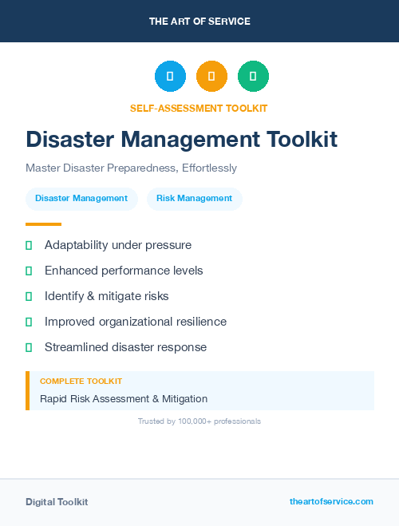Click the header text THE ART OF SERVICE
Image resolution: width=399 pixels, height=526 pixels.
click(x=199, y=22)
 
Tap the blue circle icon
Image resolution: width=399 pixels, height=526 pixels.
click(x=170, y=77)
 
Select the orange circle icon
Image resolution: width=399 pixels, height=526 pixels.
click(x=211, y=77)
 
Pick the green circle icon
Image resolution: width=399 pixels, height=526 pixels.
click(x=253, y=77)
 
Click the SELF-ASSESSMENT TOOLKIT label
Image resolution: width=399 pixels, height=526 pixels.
click(x=199, y=108)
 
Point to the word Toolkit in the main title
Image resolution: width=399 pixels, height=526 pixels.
click(x=300, y=140)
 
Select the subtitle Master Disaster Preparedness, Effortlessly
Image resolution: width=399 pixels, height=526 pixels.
click(x=131, y=168)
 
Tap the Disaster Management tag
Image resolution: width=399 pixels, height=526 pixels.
click(x=81, y=199)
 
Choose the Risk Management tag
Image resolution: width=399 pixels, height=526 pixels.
click(x=194, y=199)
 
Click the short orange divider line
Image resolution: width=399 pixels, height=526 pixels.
click(x=43, y=224)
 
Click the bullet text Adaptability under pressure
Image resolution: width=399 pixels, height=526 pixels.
click(x=118, y=245)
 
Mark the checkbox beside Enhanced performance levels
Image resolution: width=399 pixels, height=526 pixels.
click(x=29, y=271)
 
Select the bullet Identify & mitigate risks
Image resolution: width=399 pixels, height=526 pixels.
click(x=107, y=296)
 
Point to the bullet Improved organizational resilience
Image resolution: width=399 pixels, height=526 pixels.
click(x=136, y=322)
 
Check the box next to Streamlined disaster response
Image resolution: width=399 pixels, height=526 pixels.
click(x=29, y=348)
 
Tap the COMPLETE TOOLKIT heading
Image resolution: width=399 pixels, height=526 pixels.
click(x=81, y=382)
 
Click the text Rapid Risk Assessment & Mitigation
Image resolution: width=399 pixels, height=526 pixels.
click(x=124, y=398)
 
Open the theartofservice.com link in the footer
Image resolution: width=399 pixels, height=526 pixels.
click(x=331, y=501)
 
